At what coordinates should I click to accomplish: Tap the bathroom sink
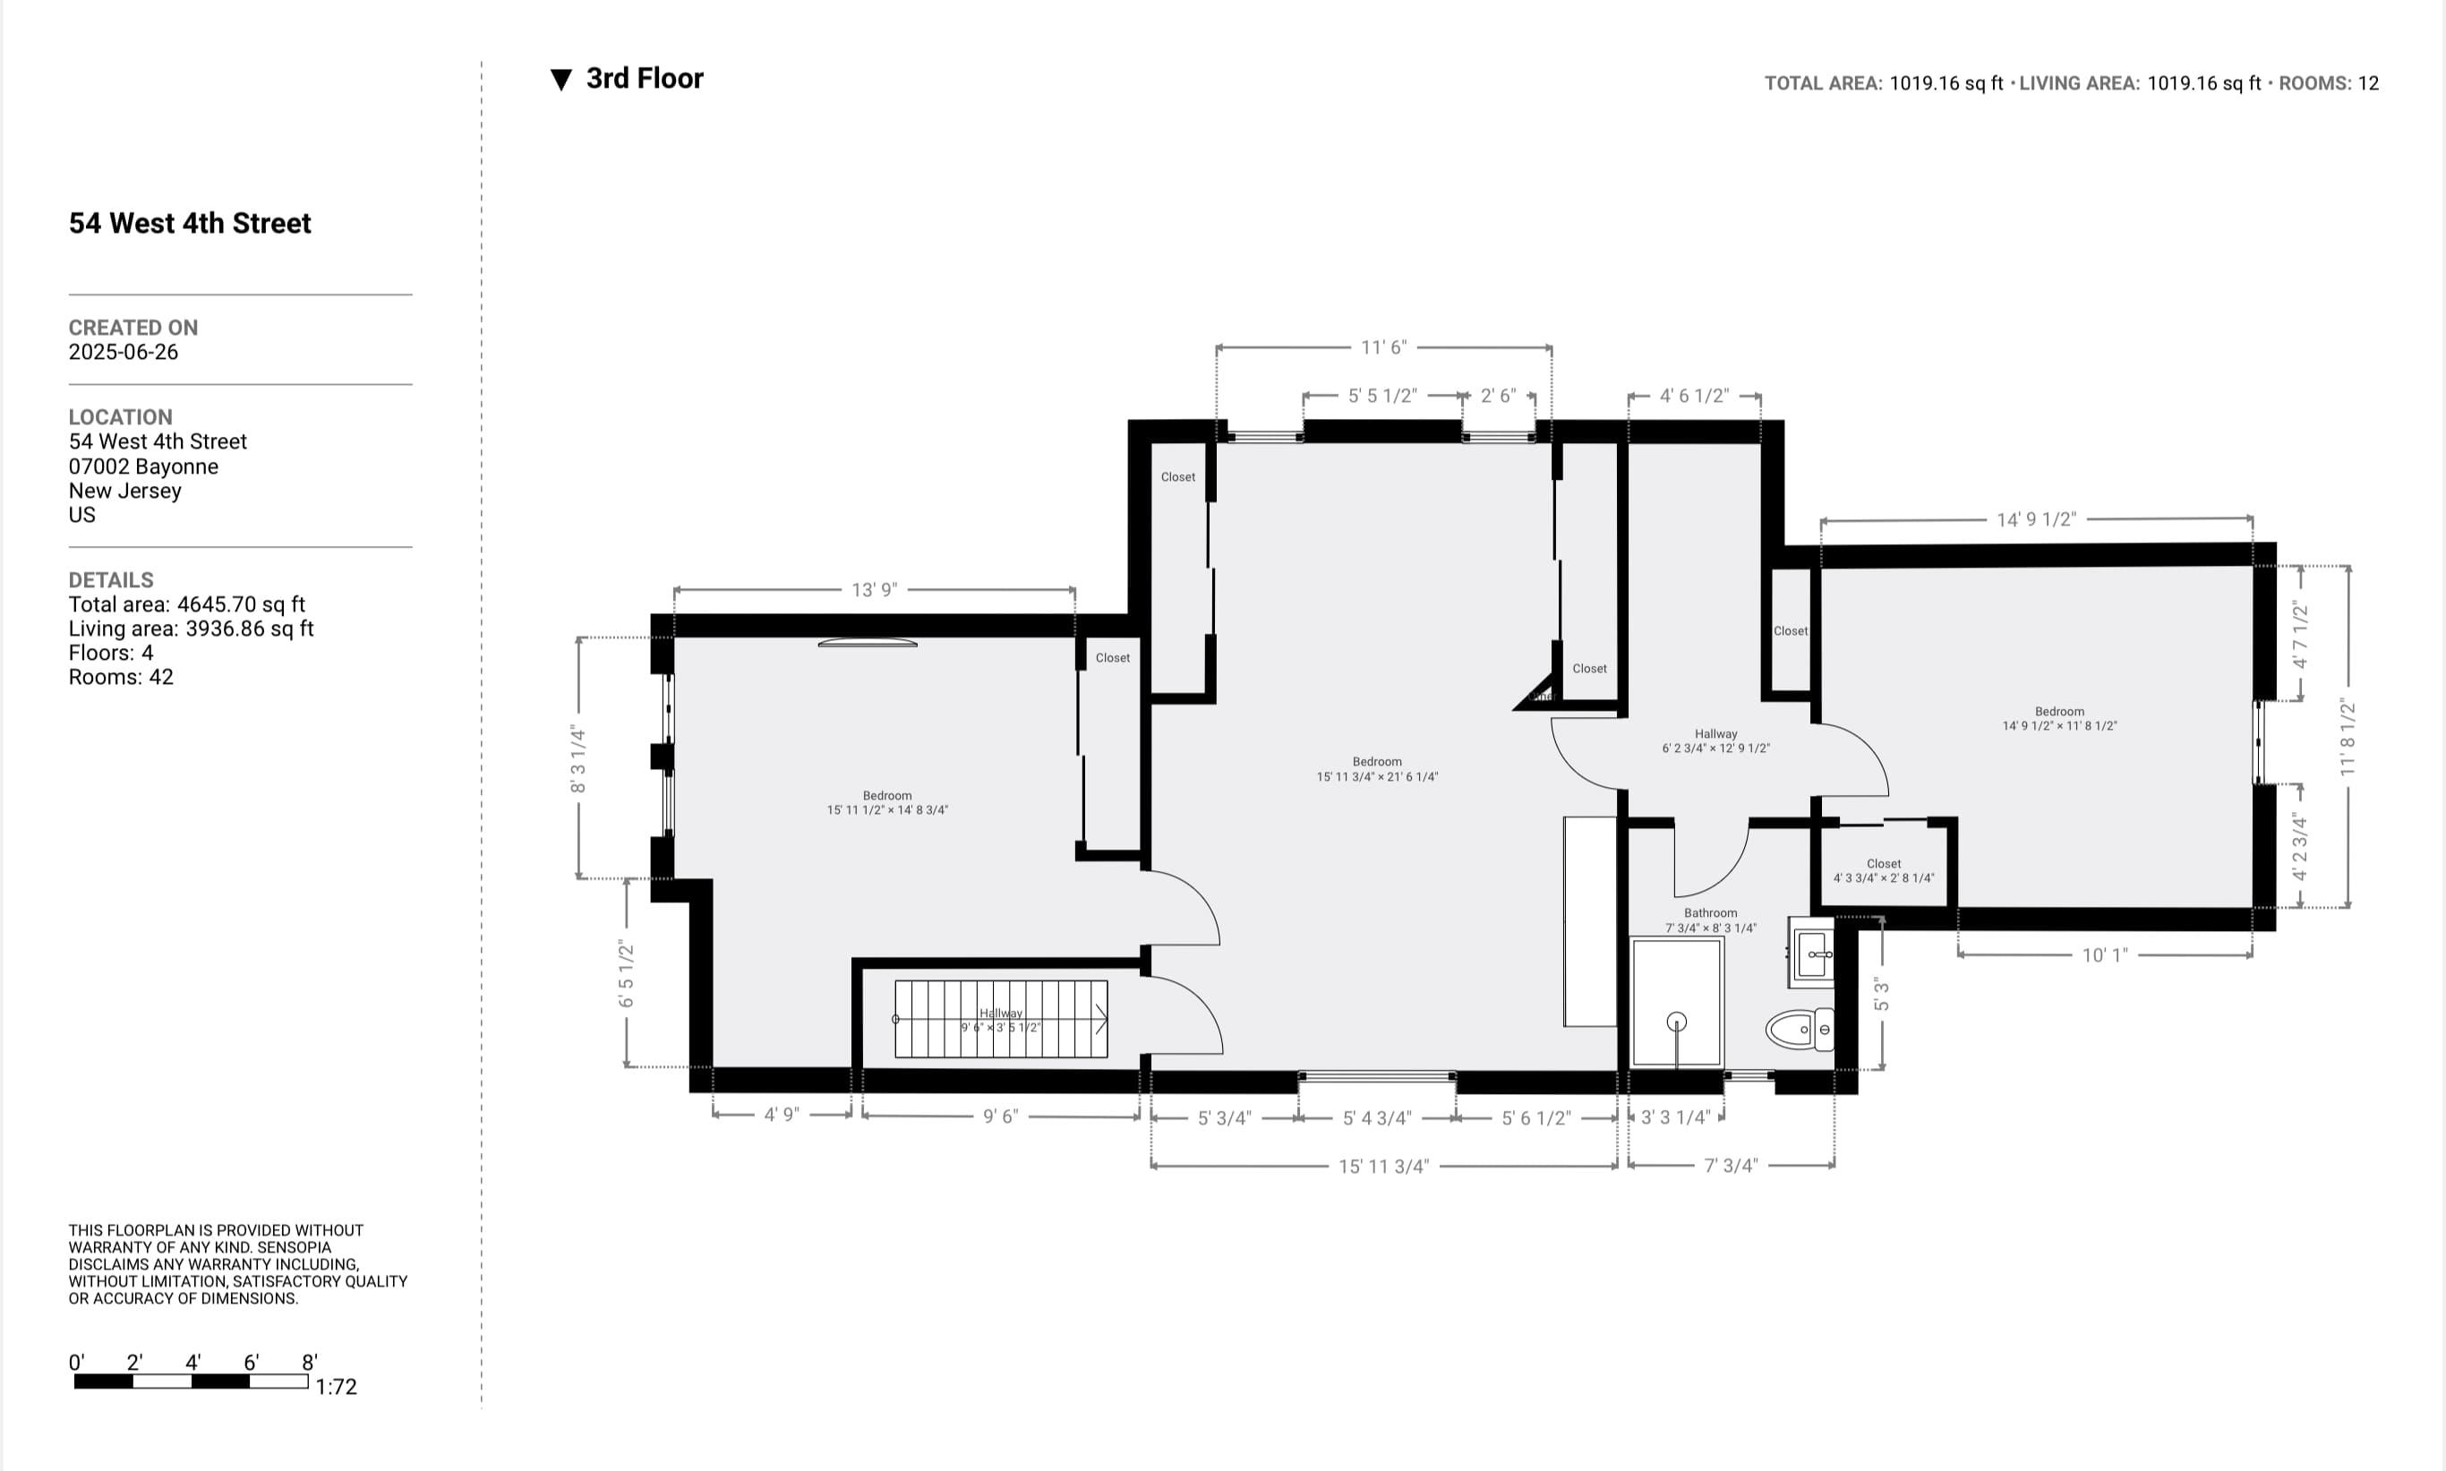(1813, 954)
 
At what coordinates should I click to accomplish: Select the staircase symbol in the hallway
(1001, 1019)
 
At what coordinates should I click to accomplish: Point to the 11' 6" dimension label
(1383, 347)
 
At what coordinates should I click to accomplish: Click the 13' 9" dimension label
(874, 590)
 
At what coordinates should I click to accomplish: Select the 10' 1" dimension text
(2104, 954)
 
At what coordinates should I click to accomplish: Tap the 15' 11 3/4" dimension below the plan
(1383, 1167)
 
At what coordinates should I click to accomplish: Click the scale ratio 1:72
(336, 1387)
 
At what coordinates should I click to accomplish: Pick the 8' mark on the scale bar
(309, 1363)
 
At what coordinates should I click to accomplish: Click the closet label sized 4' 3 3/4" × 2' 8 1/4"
(1883, 870)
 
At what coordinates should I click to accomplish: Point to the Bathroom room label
(1711, 913)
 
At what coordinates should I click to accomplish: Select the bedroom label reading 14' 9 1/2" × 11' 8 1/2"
(2059, 719)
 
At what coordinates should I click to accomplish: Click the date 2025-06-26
(123, 352)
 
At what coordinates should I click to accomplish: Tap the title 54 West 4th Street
(189, 223)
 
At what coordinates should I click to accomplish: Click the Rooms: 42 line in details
(121, 677)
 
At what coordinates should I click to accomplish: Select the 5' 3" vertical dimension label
(1881, 994)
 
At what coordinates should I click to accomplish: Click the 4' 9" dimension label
(781, 1116)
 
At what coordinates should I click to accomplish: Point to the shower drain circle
(1677, 1021)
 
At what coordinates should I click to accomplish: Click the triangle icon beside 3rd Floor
(561, 81)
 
